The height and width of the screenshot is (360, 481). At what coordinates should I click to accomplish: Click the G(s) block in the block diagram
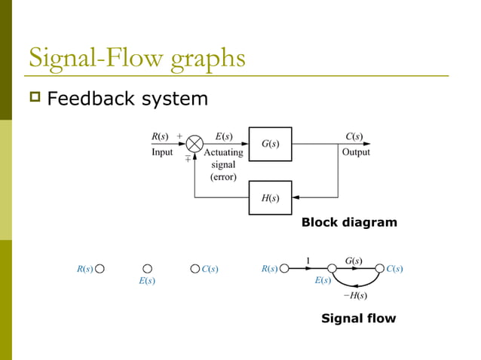pyautogui.click(x=270, y=144)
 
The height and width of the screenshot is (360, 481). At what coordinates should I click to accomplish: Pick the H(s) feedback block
pyautogui.click(x=270, y=198)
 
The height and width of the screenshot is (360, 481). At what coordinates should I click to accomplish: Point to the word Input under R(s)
pyautogui.click(x=162, y=152)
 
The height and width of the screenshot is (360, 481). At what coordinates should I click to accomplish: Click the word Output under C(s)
pyautogui.click(x=355, y=152)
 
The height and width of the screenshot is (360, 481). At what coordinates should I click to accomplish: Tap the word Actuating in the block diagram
pyautogui.click(x=224, y=152)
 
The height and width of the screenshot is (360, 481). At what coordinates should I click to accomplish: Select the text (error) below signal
pyautogui.click(x=223, y=177)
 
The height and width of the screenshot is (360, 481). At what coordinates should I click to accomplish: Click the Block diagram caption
pyautogui.click(x=349, y=223)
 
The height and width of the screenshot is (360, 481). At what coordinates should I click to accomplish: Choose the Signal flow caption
pyautogui.click(x=358, y=319)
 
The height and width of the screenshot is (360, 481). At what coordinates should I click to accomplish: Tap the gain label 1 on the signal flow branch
pyautogui.click(x=308, y=261)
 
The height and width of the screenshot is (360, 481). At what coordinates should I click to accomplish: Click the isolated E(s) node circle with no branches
pyautogui.click(x=148, y=268)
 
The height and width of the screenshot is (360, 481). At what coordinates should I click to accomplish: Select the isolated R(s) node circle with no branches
pyautogui.click(x=100, y=268)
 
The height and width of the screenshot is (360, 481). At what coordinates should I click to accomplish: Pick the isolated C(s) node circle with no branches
pyautogui.click(x=195, y=268)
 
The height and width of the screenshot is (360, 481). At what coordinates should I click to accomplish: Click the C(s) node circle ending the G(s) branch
pyautogui.click(x=378, y=268)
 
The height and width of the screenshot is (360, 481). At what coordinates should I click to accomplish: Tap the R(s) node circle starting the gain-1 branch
pyautogui.click(x=284, y=268)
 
